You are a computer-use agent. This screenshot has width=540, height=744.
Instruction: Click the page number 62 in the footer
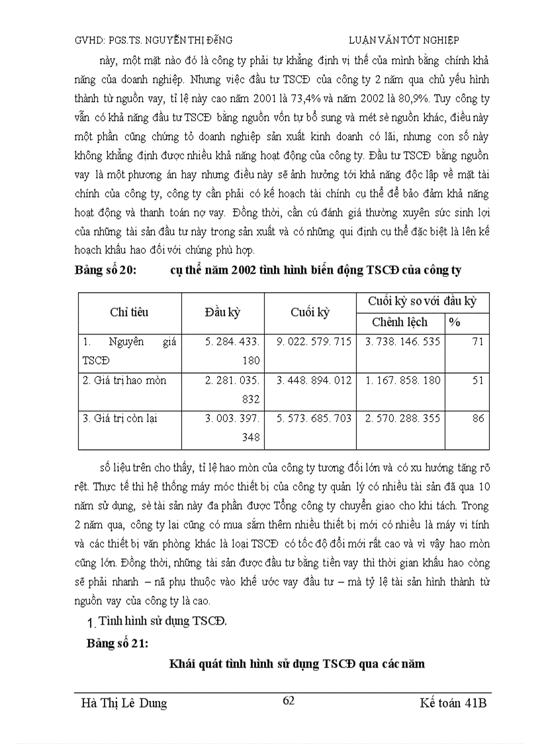point(289,701)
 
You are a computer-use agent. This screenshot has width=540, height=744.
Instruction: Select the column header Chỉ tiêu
point(129,312)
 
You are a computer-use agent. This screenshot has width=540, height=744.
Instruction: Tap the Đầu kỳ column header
point(222,312)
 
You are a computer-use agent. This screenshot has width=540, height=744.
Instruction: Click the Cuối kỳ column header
point(310,312)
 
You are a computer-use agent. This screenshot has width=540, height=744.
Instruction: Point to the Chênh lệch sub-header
point(400,323)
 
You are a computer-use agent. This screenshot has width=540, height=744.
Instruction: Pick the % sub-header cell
point(455,323)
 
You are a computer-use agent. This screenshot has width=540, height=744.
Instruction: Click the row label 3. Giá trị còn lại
point(120,419)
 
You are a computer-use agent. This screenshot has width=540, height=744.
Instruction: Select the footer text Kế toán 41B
point(453,703)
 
